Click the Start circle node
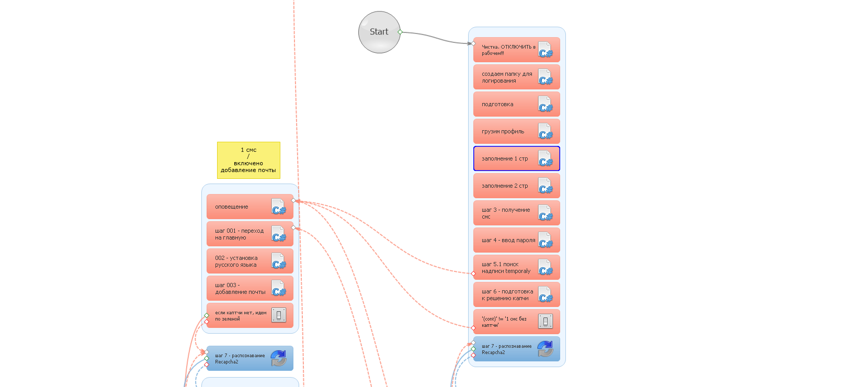pyautogui.click(x=379, y=32)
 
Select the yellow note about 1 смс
pyautogui.click(x=248, y=160)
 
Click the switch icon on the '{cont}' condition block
pyautogui.click(x=545, y=322)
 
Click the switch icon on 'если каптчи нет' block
pyautogui.click(x=279, y=315)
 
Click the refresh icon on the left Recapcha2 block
pyautogui.click(x=279, y=358)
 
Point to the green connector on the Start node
pyautogui.click(x=400, y=32)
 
